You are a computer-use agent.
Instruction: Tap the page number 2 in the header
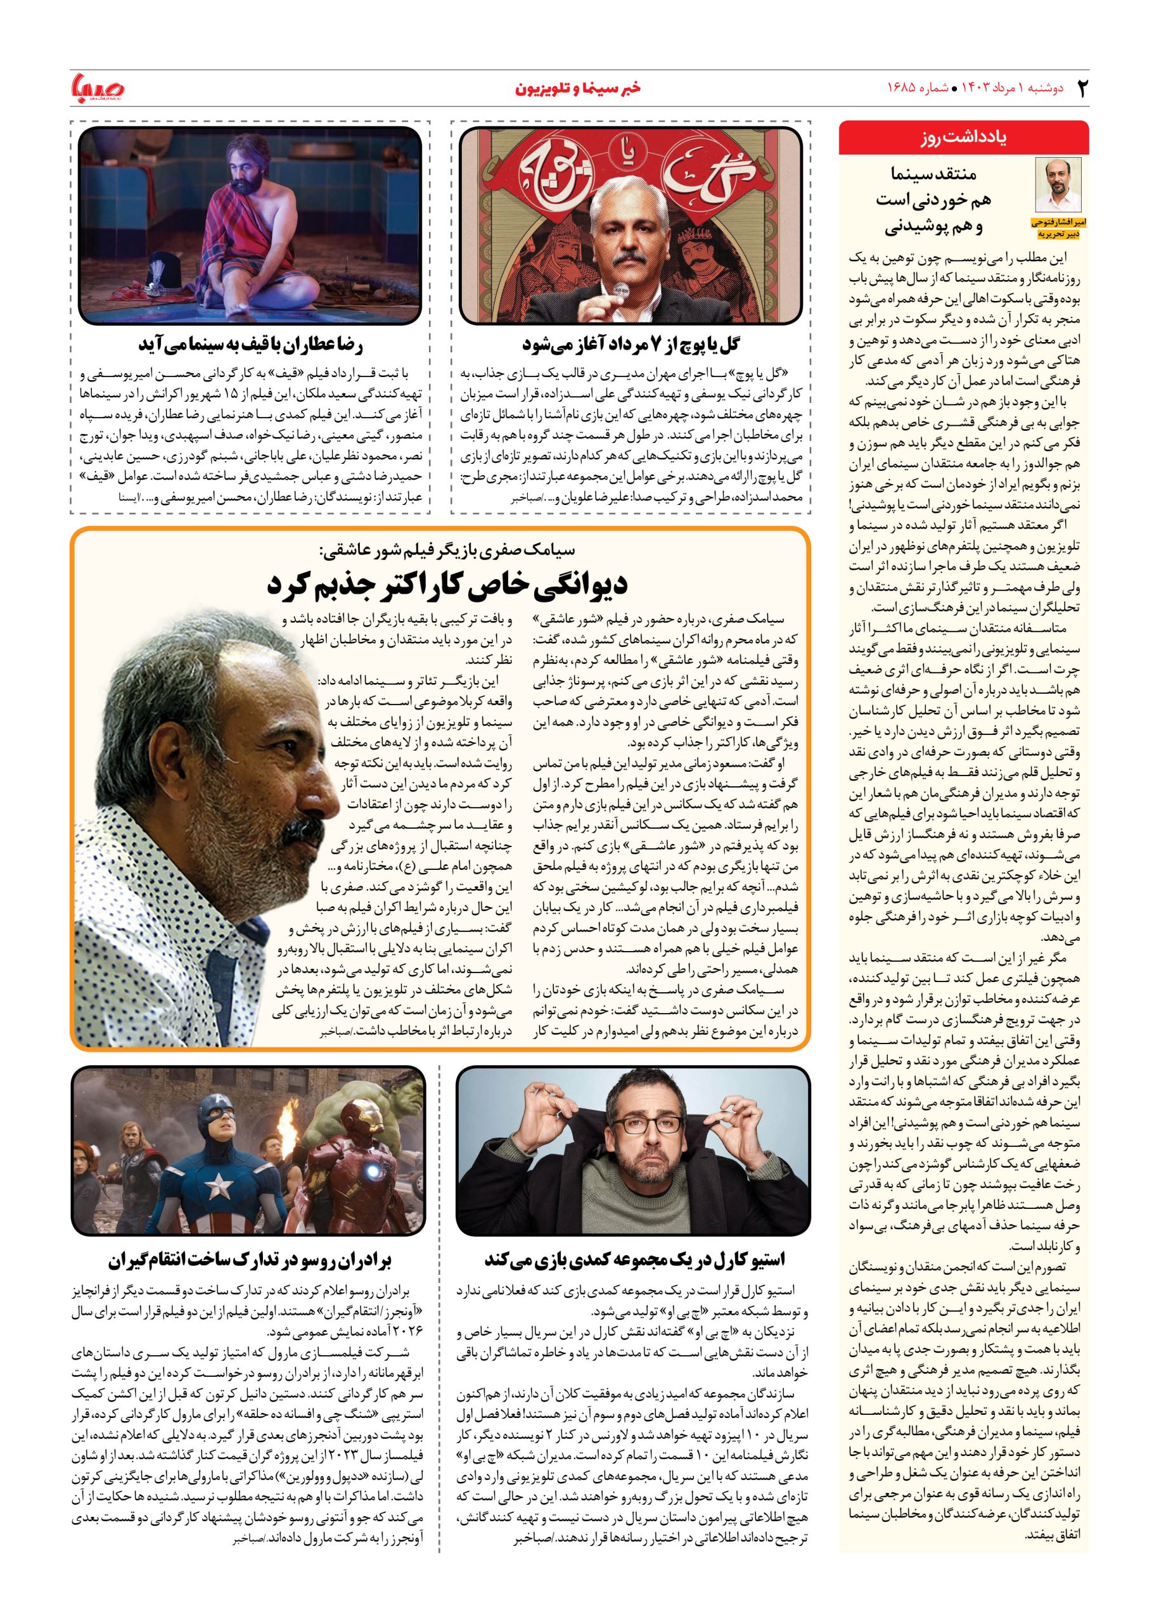click(x=1080, y=89)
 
